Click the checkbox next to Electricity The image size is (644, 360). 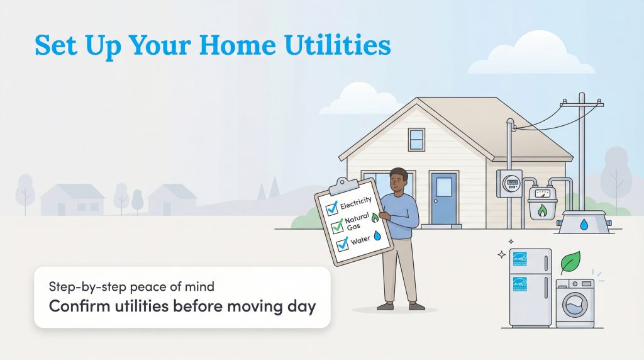(x=331, y=209)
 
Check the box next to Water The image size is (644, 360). (x=343, y=244)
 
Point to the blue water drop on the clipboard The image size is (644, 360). (x=377, y=235)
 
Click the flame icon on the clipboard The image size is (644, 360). (x=375, y=217)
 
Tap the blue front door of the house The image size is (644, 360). (x=443, y=198)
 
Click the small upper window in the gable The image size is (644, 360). (x=416, y=138)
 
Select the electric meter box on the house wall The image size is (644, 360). (x=509, y=183)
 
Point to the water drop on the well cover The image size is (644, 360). (x=584, y=223)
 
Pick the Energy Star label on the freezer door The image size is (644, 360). (x=520, y=259)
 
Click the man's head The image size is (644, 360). (x=399, y=181)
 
